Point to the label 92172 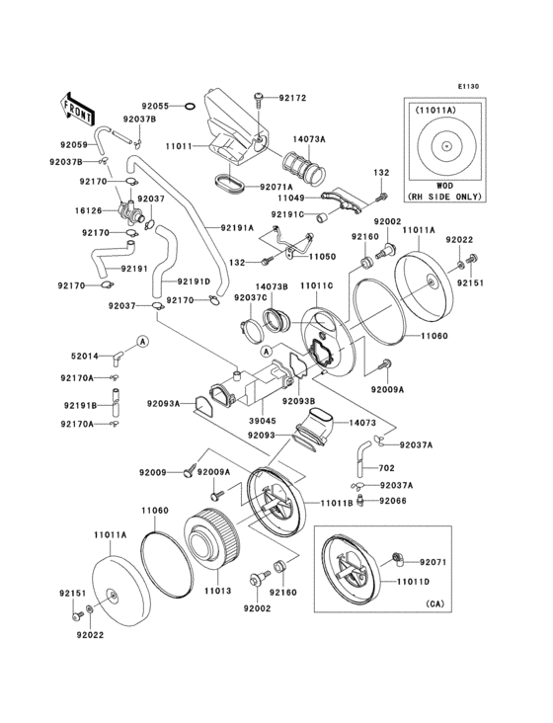[x=292, y=98]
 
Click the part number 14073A [x=308, y=140]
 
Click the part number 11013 [x=218, y=592]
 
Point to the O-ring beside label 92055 [x=191, y=106]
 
